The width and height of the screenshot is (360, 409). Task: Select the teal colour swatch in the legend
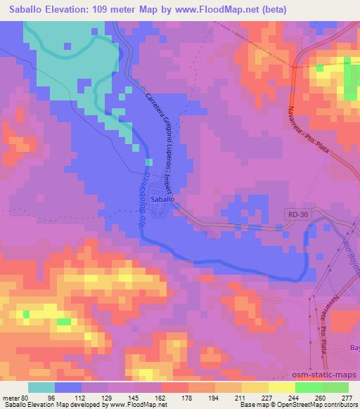coord(41,387)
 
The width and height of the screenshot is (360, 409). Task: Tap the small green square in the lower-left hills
coord(64,321)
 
